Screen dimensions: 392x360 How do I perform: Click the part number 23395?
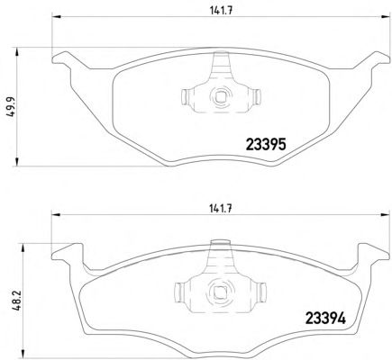[x=266, y=145]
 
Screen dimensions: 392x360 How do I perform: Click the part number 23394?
[x=325, y=318]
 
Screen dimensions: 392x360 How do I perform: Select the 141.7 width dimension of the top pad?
[x=222, y=11]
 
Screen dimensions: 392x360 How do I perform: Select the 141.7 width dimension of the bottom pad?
[x=221, y=209]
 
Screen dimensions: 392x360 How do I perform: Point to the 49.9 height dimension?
[x=12, y=106]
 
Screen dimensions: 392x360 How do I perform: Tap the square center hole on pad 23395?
[x=221, y=96]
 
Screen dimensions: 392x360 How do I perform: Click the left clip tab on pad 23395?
[x=186, y=97]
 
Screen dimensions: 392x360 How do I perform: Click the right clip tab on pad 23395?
[x=257, y=97]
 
